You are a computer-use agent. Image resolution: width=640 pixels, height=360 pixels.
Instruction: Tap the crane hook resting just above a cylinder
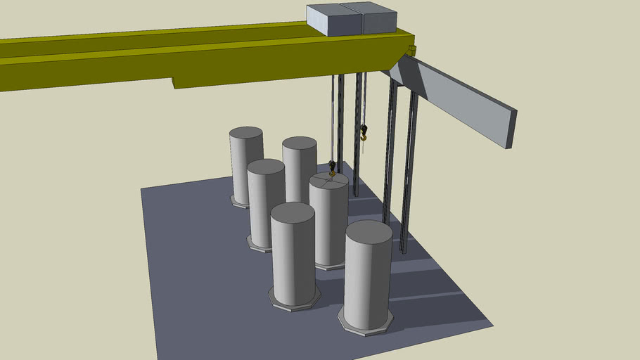coord(332,167)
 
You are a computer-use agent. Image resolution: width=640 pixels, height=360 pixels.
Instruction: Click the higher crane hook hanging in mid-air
coord(364,131)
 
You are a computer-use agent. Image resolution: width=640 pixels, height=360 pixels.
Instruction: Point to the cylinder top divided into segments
coord(328,180)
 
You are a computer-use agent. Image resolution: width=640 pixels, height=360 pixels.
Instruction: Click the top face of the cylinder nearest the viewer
coord(369,231)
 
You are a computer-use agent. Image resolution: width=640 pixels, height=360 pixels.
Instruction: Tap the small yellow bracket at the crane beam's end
coord(412,50)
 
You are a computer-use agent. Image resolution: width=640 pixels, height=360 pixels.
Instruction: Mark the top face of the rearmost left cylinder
coord(246,132)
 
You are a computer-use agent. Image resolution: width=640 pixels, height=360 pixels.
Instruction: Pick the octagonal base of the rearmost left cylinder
coord(239,202)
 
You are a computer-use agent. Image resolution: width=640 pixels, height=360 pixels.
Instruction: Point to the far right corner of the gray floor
coord(492,324)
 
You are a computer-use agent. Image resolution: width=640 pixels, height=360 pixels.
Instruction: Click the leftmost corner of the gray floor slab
coord(141,188)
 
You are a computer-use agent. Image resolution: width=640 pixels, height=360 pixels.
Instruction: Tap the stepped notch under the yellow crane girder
coord(174,82)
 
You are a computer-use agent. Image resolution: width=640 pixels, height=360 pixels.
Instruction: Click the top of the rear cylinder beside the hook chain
coord(300,143)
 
